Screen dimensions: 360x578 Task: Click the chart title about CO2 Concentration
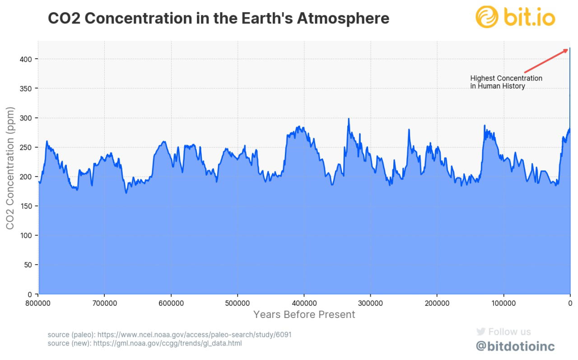[218, 19]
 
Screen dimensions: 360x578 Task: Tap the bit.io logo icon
[487, 17]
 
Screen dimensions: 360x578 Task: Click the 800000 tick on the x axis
[38, 303]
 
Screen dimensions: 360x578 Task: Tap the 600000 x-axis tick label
[171, 303]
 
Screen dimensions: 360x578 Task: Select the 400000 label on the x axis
[304, 303]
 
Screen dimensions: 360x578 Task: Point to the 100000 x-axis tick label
[503, 303]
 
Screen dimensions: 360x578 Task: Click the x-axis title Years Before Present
[304, 314]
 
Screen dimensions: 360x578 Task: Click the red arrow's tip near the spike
[567, 49]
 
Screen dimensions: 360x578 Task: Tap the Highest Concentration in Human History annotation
[506, 82]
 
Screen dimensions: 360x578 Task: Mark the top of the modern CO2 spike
[570, 48]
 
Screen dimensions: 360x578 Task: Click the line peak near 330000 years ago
[349, 119]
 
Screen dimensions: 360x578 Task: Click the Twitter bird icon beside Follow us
[480, 332]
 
